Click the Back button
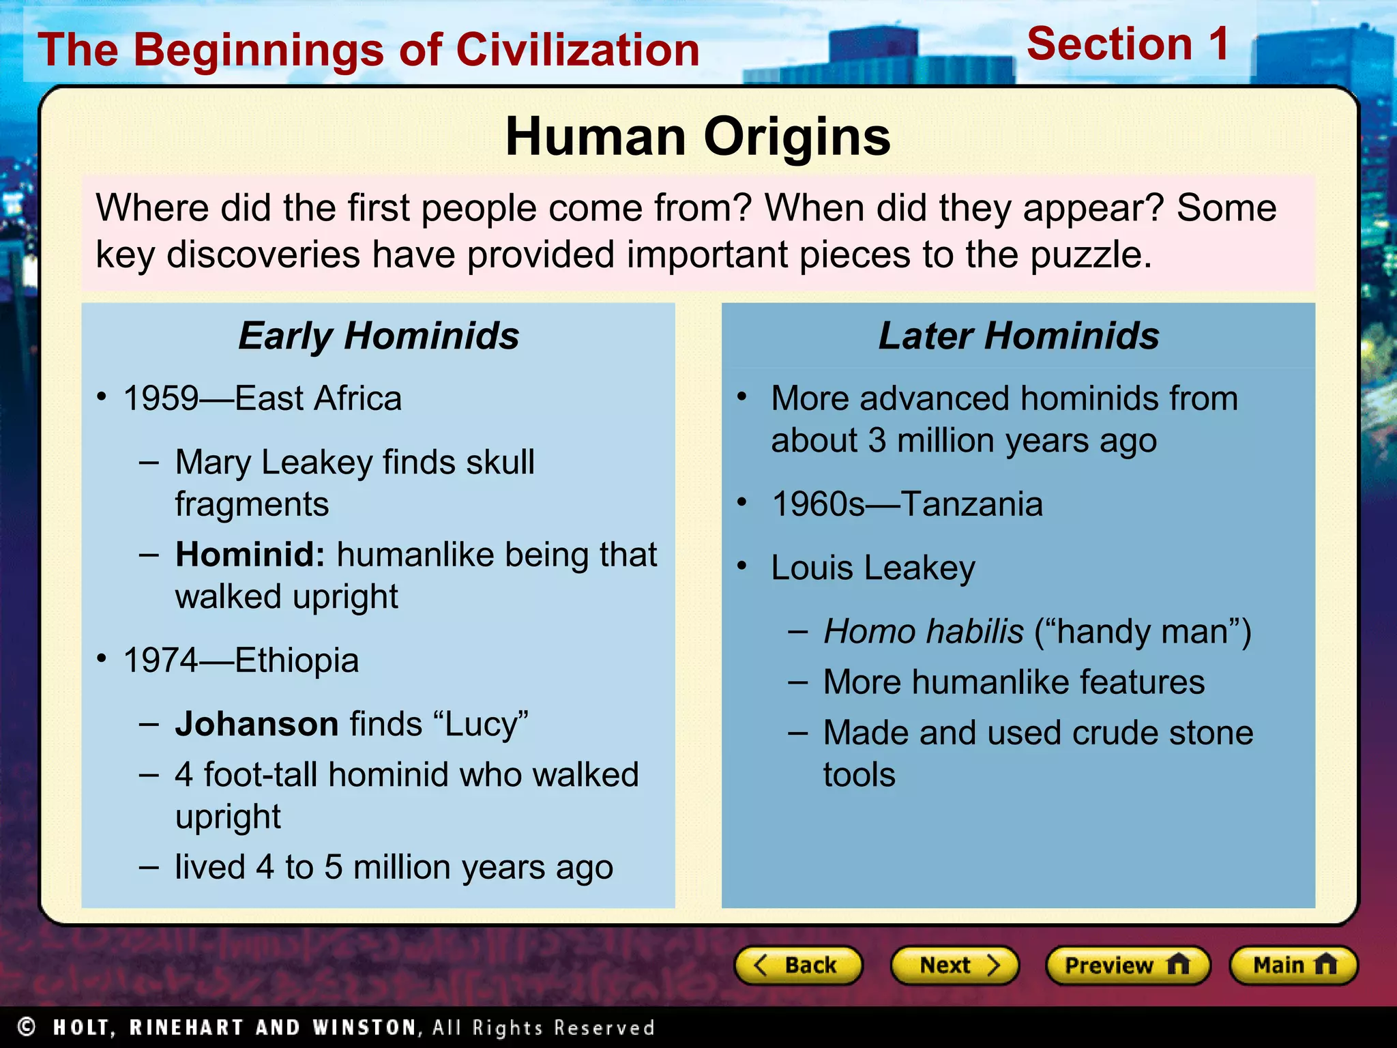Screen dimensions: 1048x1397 tap(797, 965)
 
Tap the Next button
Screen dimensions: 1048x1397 tap(954, 965)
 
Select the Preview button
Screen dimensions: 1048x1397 tap(1127, 965)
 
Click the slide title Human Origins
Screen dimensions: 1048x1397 tap(698, 136)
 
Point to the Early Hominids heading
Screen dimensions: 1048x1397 tap(379, 336)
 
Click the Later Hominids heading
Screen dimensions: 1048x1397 tap(1018, 336)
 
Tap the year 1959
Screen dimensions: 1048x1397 tap(161, 398)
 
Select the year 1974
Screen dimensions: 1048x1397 tap(161, 660)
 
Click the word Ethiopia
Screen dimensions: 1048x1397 tap(297, 660)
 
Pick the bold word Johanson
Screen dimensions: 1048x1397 tap(256, 724)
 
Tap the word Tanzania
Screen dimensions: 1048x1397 tap(971, 504)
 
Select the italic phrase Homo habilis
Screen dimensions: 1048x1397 tap(924, 631)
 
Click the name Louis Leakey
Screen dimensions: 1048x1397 tap(873, 568)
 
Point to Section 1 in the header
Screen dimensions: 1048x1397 tap(1128, 44)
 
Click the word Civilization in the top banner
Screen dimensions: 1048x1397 tap(578, 50)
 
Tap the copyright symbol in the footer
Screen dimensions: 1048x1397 tap(27, 1027)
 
